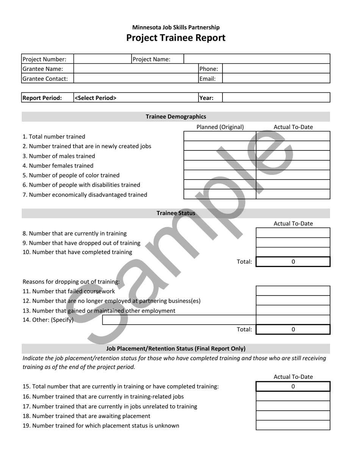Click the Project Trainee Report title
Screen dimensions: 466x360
(x=175, y=38)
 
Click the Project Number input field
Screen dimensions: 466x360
(x=102, y=59)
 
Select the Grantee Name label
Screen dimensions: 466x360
(x=43, y=69)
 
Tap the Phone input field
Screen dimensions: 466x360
(x=276, y=69)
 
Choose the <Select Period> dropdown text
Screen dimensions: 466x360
(x=95, y=98)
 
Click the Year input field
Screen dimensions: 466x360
(x=276, y=98)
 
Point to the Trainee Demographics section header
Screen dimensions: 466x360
(x=176, y=117)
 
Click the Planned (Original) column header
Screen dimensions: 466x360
(x=220, y=127)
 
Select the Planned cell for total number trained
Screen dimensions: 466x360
(x=220, y=136)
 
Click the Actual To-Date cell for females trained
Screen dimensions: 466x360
(x=293, y=166)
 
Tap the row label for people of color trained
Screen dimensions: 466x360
(x=71, y=175)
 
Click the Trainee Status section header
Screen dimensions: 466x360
(x=176, y=213)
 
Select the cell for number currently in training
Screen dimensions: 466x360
(x=293, y=233)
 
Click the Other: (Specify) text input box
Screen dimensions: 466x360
(x=179, y=320)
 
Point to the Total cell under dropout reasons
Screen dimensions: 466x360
(x=293, y=330)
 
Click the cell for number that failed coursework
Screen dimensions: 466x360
(x=293, y=291)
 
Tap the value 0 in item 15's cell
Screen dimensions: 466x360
(x=293, y=387)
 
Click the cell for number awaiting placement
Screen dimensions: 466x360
(x=293, y=416)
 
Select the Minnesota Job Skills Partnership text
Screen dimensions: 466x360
(x=176, y=27)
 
